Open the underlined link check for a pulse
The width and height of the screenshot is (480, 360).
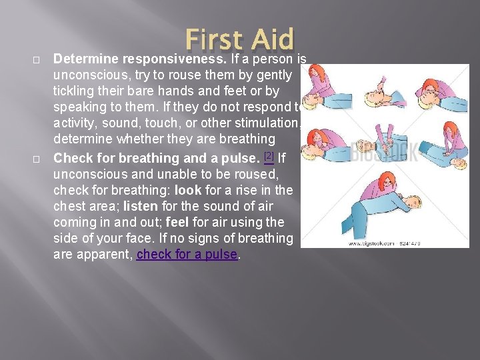tap(187, 254)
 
